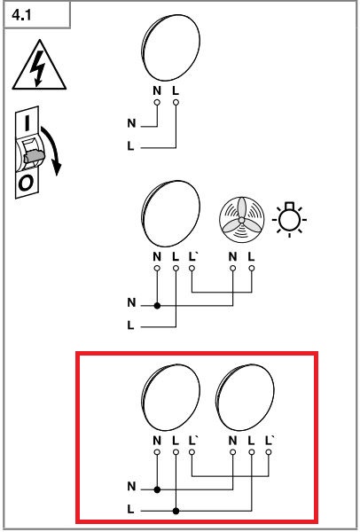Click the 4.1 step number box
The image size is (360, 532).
coord(36,15)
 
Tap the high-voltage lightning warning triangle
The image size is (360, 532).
coord(39,67)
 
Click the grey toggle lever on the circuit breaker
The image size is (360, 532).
coord(34,156)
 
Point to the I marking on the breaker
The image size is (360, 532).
coord(27,123)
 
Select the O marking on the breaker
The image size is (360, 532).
coord(26,184)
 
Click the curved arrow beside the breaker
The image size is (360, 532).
coord(52,149)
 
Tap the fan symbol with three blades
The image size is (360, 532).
coord(241,220)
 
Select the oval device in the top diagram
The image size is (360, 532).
coord(170,48)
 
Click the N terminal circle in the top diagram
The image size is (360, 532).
coord(157,103)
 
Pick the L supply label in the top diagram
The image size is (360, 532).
coord(130,146)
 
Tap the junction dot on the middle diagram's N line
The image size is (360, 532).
coord(157,306)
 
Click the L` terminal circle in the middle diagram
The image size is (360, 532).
coord(192,269)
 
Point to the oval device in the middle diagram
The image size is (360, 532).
coord(170,214)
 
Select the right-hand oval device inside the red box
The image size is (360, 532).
coord(245,397)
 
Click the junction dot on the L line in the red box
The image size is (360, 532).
coord(176,511)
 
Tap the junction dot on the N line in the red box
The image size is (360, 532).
coord(157,489)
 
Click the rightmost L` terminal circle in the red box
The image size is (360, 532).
coord(269,452)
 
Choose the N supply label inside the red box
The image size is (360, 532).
coord(131,487)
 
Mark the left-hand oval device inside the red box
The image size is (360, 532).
coord(170,397)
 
